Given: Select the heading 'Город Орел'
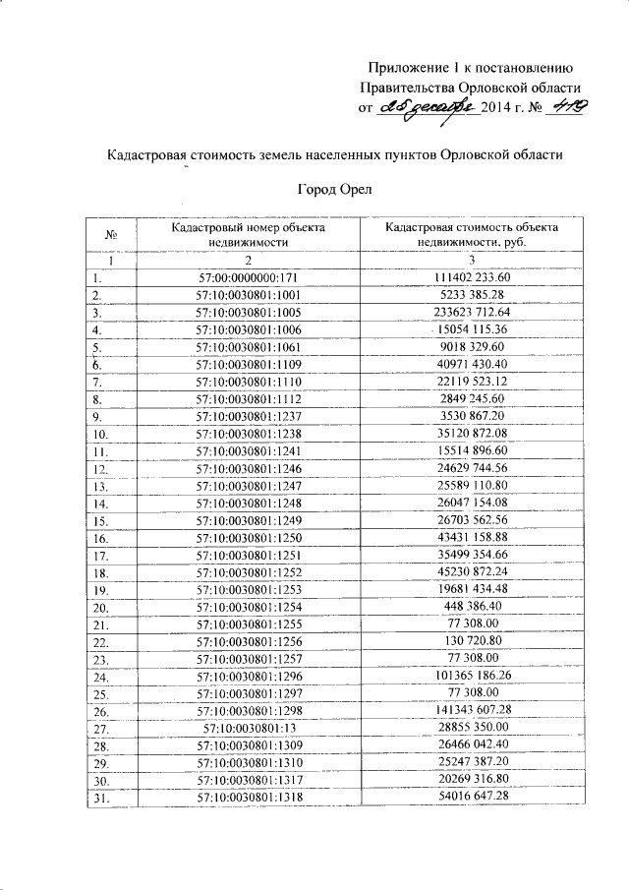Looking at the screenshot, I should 335,189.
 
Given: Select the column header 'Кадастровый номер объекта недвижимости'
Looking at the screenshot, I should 248,234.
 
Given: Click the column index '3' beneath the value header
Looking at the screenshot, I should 472,260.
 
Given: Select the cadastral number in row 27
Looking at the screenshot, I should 248,728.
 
